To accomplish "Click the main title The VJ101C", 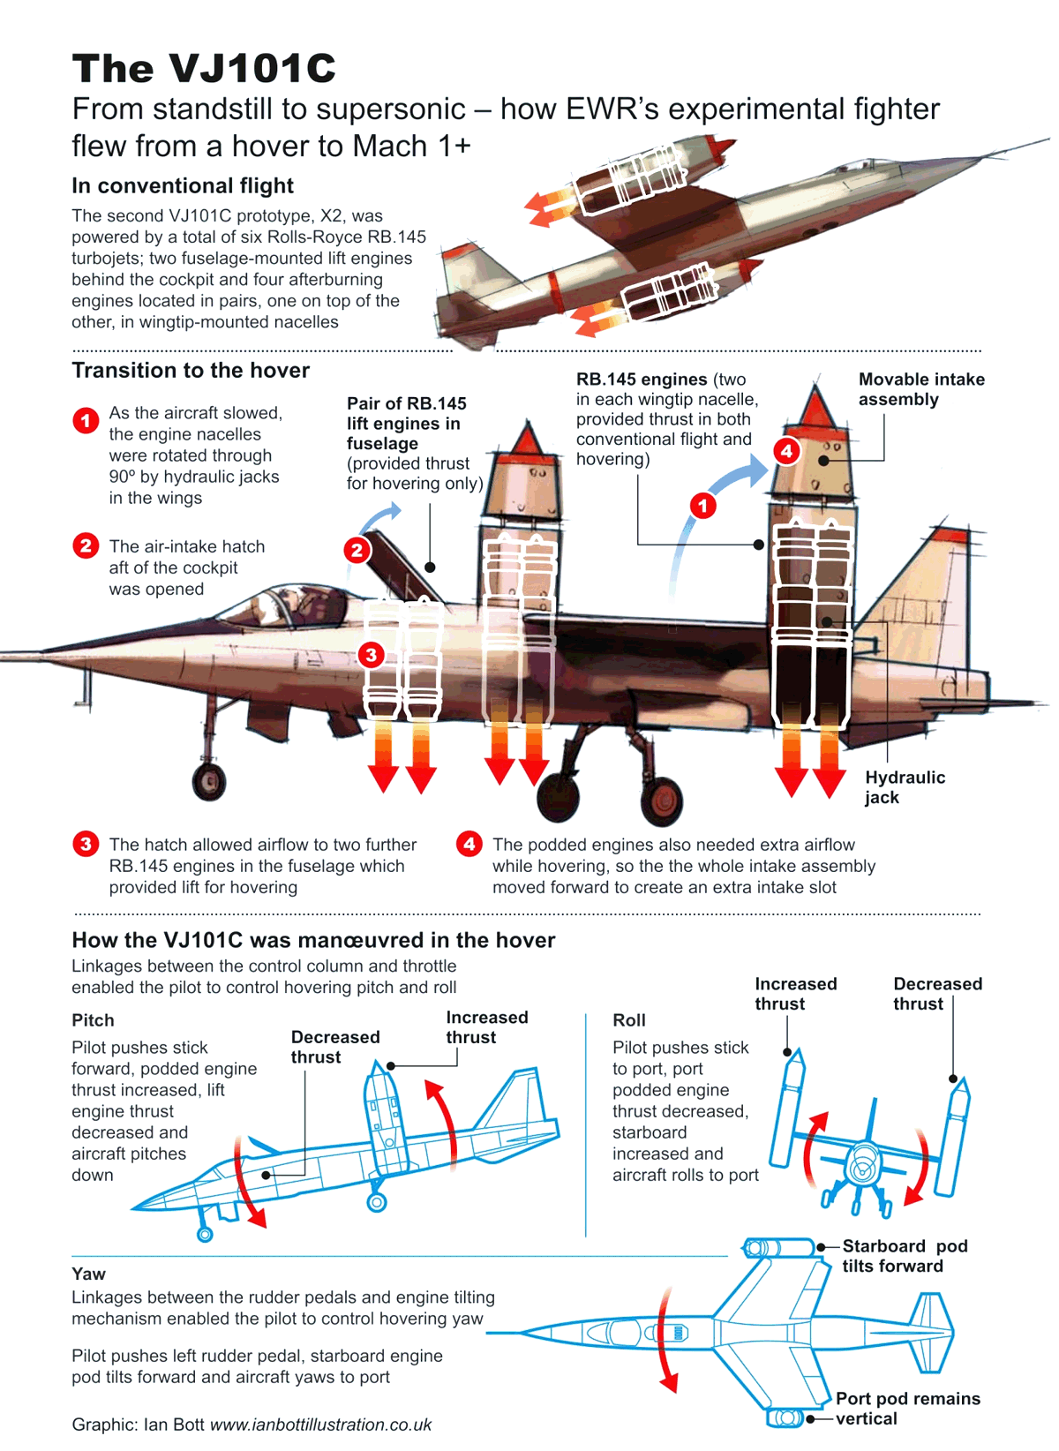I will pyautogui.click(x=204, y=68).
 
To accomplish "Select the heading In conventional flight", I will pyautogui.click(x=183, y=185).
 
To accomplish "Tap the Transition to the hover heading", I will pyautogui.click(x=191, y=370).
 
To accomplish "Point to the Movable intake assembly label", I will pyautogui.click(x=920, y=389).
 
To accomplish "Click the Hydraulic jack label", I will pyautogui.click(x=904, y=787).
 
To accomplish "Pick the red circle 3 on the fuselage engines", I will pyautogui.click(x=371, y=655).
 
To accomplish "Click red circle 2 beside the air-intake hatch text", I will pyautogui.click(x=86, y=545).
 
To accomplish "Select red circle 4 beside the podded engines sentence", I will pyautogui.click(x=469, y=844).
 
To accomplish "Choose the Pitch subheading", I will pyautogui.click(x=93, y=1020).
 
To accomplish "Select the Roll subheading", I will pyautogui.click(x=628, y=1020).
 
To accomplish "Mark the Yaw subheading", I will pyautogui.click(x=88, y=1274).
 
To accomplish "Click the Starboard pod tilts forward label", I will pyautogui.click(x=904, y=1256).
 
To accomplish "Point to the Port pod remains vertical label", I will pyautogui.click(x=907, y=1409).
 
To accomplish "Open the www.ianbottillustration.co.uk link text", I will pyautogui.click(x=320, y=1425).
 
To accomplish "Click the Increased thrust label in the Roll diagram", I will pyautogui.click(x=795, y=994).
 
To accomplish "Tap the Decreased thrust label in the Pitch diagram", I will pyautogui.click(x=334, y=1047).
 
